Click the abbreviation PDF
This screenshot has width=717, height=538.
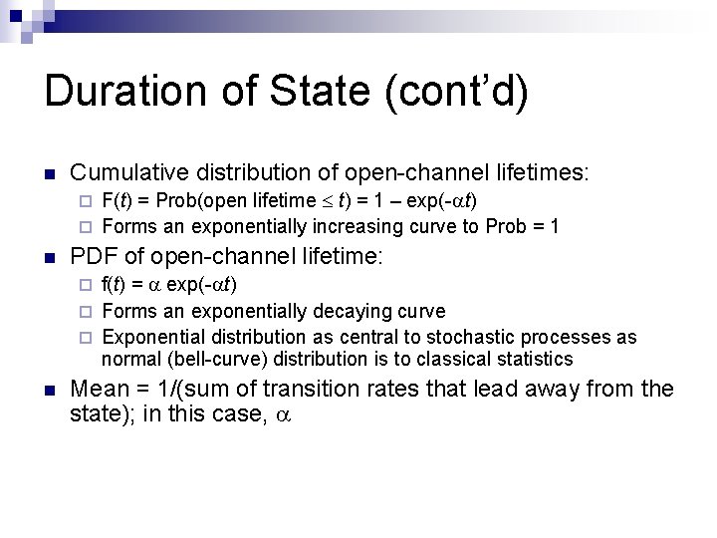click(93, 257)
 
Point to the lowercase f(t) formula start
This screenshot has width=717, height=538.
click(115, 285)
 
